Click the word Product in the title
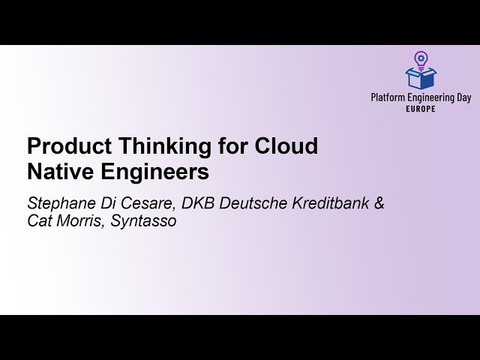pyautogui.click(x=63, y=146)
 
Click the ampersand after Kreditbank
pyautogui.click(x=379, y=204)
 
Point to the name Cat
pyautogui.click(x=39, y=222)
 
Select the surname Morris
pyautogui.click(x=80, y=222)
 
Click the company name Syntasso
pyautogui.click(x=145, y=223)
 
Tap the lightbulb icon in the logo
pyautogui.click(x=421, y=58)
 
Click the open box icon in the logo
pyautogui.click(x=421, y=77)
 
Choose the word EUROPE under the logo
pyautogui.click(x=421, y=108)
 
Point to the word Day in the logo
pyautogui.click(x=463, y=97)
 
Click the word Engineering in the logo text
pyautogui.click(x=429, y=97)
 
